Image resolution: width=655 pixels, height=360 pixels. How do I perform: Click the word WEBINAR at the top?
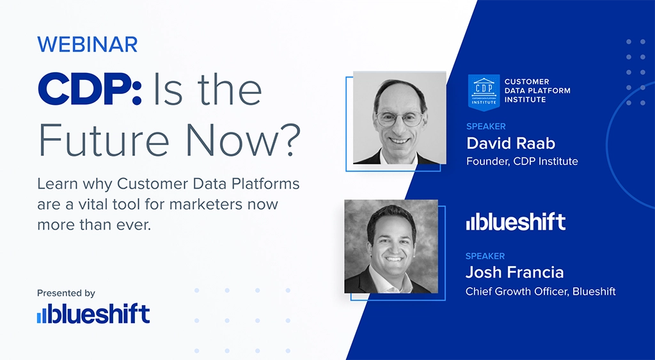pyautogui.click(x=88, y=45)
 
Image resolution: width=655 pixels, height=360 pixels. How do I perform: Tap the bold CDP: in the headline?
pyautogui.click(x=90, y=91)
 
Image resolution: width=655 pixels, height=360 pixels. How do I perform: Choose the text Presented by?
pyautogui.click(x=66, y=293)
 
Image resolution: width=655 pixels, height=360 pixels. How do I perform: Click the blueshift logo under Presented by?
pyautogui.click(x=93, y=314)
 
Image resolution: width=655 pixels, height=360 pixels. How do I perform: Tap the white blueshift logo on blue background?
pyautogui.click(x=516, y=222)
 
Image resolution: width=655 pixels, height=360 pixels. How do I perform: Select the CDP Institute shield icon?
pyautogui.click(x=484, y=90)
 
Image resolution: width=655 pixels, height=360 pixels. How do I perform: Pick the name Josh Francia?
pyautogui.click(x=515, y=272)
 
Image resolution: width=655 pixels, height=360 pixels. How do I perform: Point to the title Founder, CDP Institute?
pyautogui.click(x=522, y=161)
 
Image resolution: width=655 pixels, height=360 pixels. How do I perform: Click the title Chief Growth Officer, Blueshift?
pyautogui.click(x=541, y=292)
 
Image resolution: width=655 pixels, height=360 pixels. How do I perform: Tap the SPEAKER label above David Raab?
pyautogui.click(x=485, y=127)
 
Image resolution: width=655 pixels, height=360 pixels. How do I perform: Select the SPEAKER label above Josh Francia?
pyautogui.click(x=485, y=256)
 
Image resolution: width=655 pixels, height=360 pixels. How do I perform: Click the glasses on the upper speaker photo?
pyautogui.click(x=400, y=118)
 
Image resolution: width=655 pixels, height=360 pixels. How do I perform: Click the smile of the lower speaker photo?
pyautogui.click(x=393, y=261)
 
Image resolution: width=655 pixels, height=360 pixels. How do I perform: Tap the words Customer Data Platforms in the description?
pyautogui.click(x=209, y=184)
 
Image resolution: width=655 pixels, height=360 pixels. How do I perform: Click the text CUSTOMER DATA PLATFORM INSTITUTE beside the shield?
pyautogui.click(x=537, y=90)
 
